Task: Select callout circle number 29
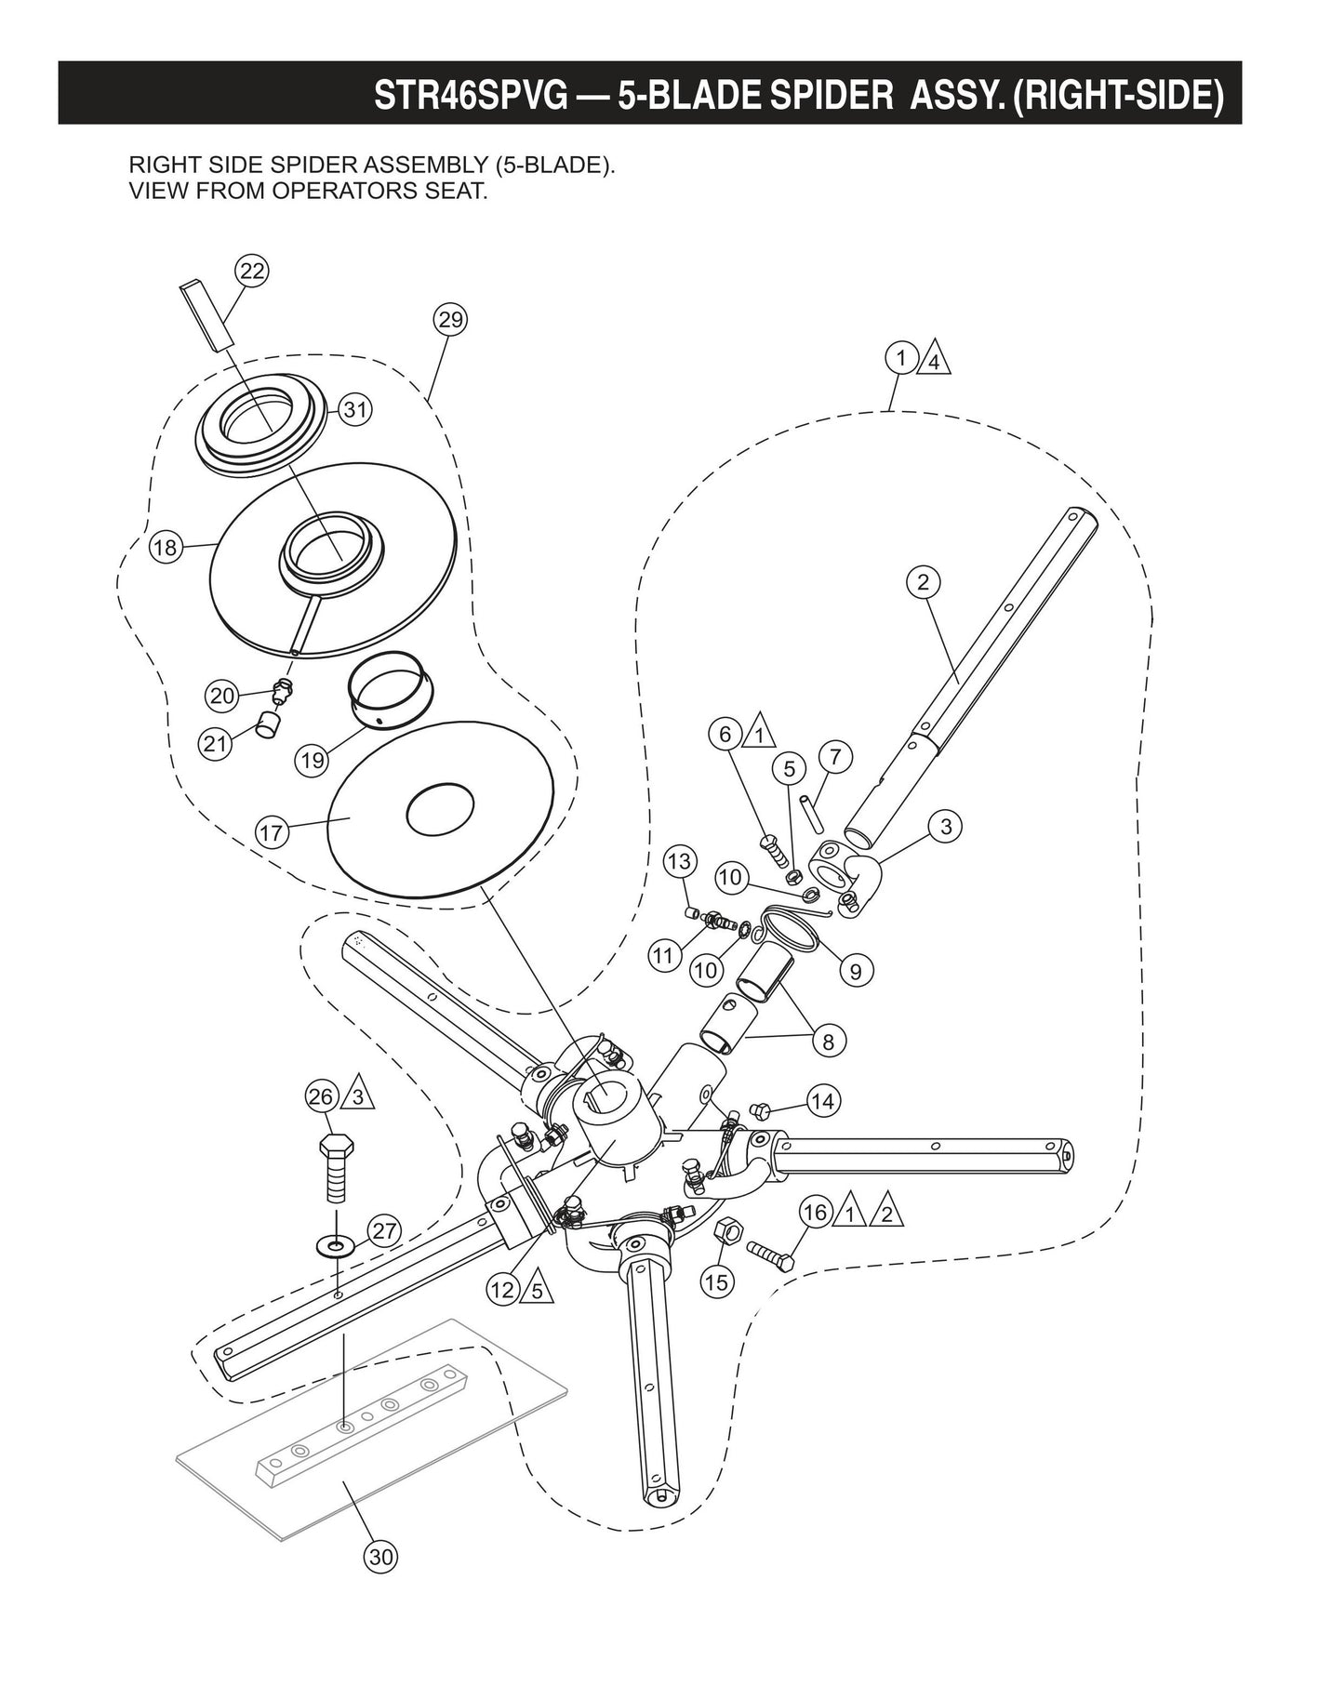coord(450,320)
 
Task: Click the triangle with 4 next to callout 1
coord(934,361)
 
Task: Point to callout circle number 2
coord(923,582)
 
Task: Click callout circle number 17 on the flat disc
coord(272,832)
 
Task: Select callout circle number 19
coord(313,760)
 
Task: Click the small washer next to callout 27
coord(335,1243)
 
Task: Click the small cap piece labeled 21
coord(268,724)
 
